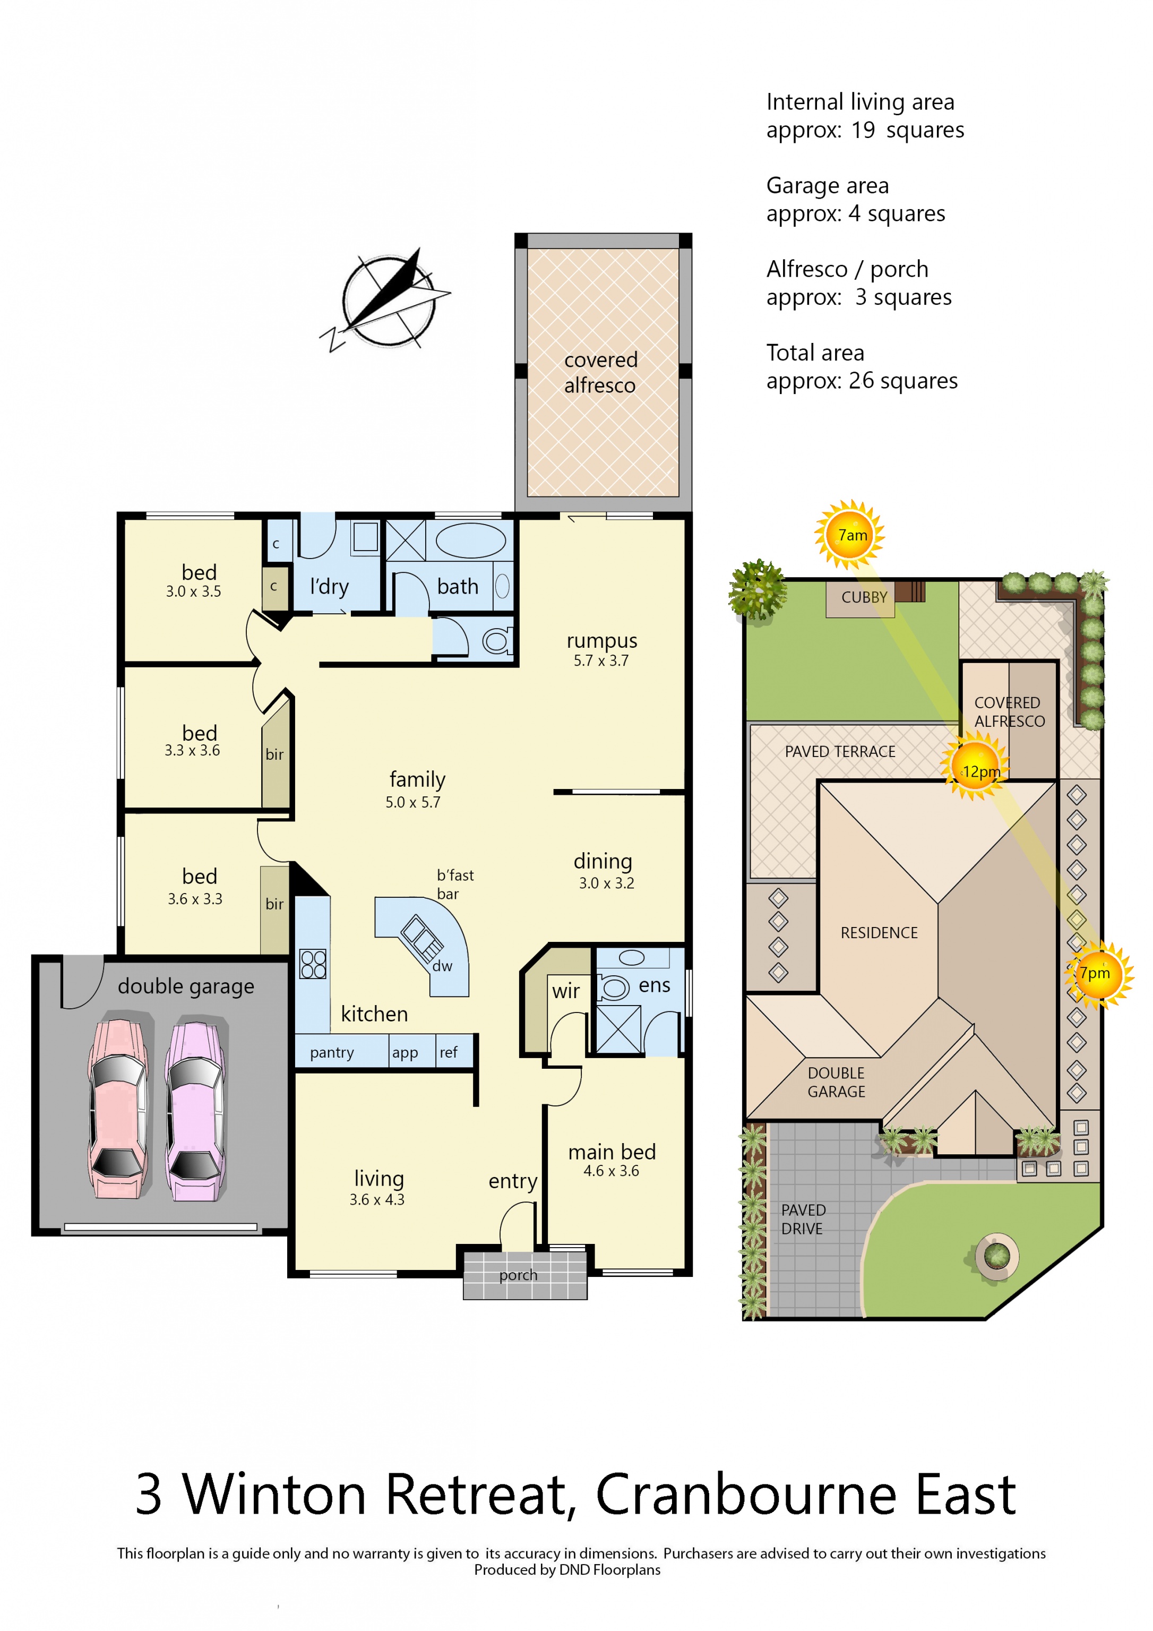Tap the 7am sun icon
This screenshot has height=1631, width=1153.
point(850,535)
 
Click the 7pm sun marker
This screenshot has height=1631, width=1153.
point(1098,974)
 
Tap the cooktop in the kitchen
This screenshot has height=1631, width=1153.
point(313,964)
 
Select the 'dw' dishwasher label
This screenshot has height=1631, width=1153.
point(442,966)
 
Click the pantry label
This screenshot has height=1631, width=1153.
point(332,1053)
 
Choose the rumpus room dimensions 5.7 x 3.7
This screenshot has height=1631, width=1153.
point(601,660)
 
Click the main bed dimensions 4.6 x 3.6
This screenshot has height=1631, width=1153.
point(611,1171)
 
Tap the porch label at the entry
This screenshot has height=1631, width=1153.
point(518,1275)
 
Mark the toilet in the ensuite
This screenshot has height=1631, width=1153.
point(613,988)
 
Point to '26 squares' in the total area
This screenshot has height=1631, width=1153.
point(903,381)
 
